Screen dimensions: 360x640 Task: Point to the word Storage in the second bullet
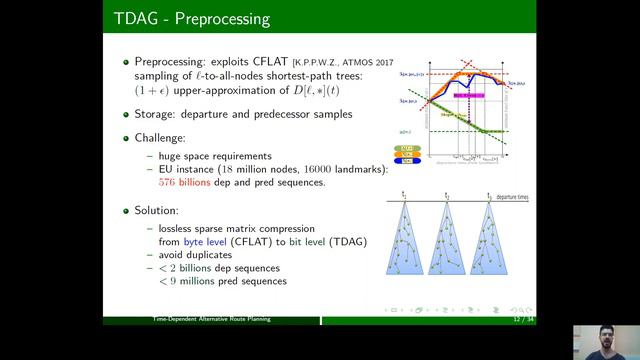coord(157,114)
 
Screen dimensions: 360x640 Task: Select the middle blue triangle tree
coord(450,240)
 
